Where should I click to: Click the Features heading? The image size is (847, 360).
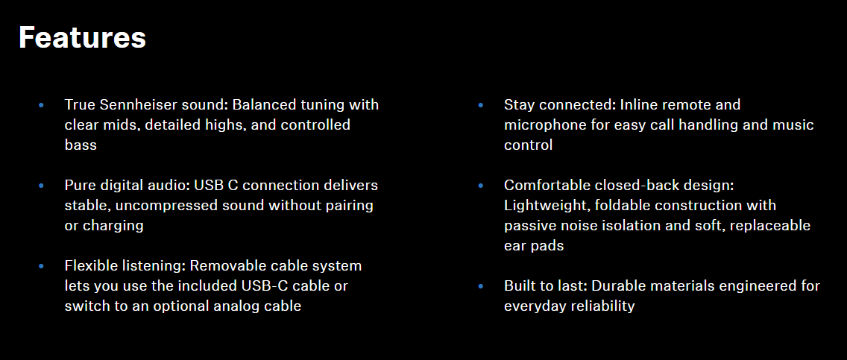coord(82,38)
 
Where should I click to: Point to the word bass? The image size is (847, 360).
coord(81,145)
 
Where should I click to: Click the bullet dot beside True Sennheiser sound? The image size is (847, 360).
coord(41,104)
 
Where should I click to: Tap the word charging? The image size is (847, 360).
coord(113,226)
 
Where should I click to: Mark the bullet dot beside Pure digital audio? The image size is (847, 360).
coord(41,186)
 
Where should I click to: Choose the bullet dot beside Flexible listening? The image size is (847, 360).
coord(41,267)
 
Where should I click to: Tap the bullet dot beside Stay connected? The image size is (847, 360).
coord(481,104)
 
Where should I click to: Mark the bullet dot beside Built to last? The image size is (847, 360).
coord(481,286)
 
